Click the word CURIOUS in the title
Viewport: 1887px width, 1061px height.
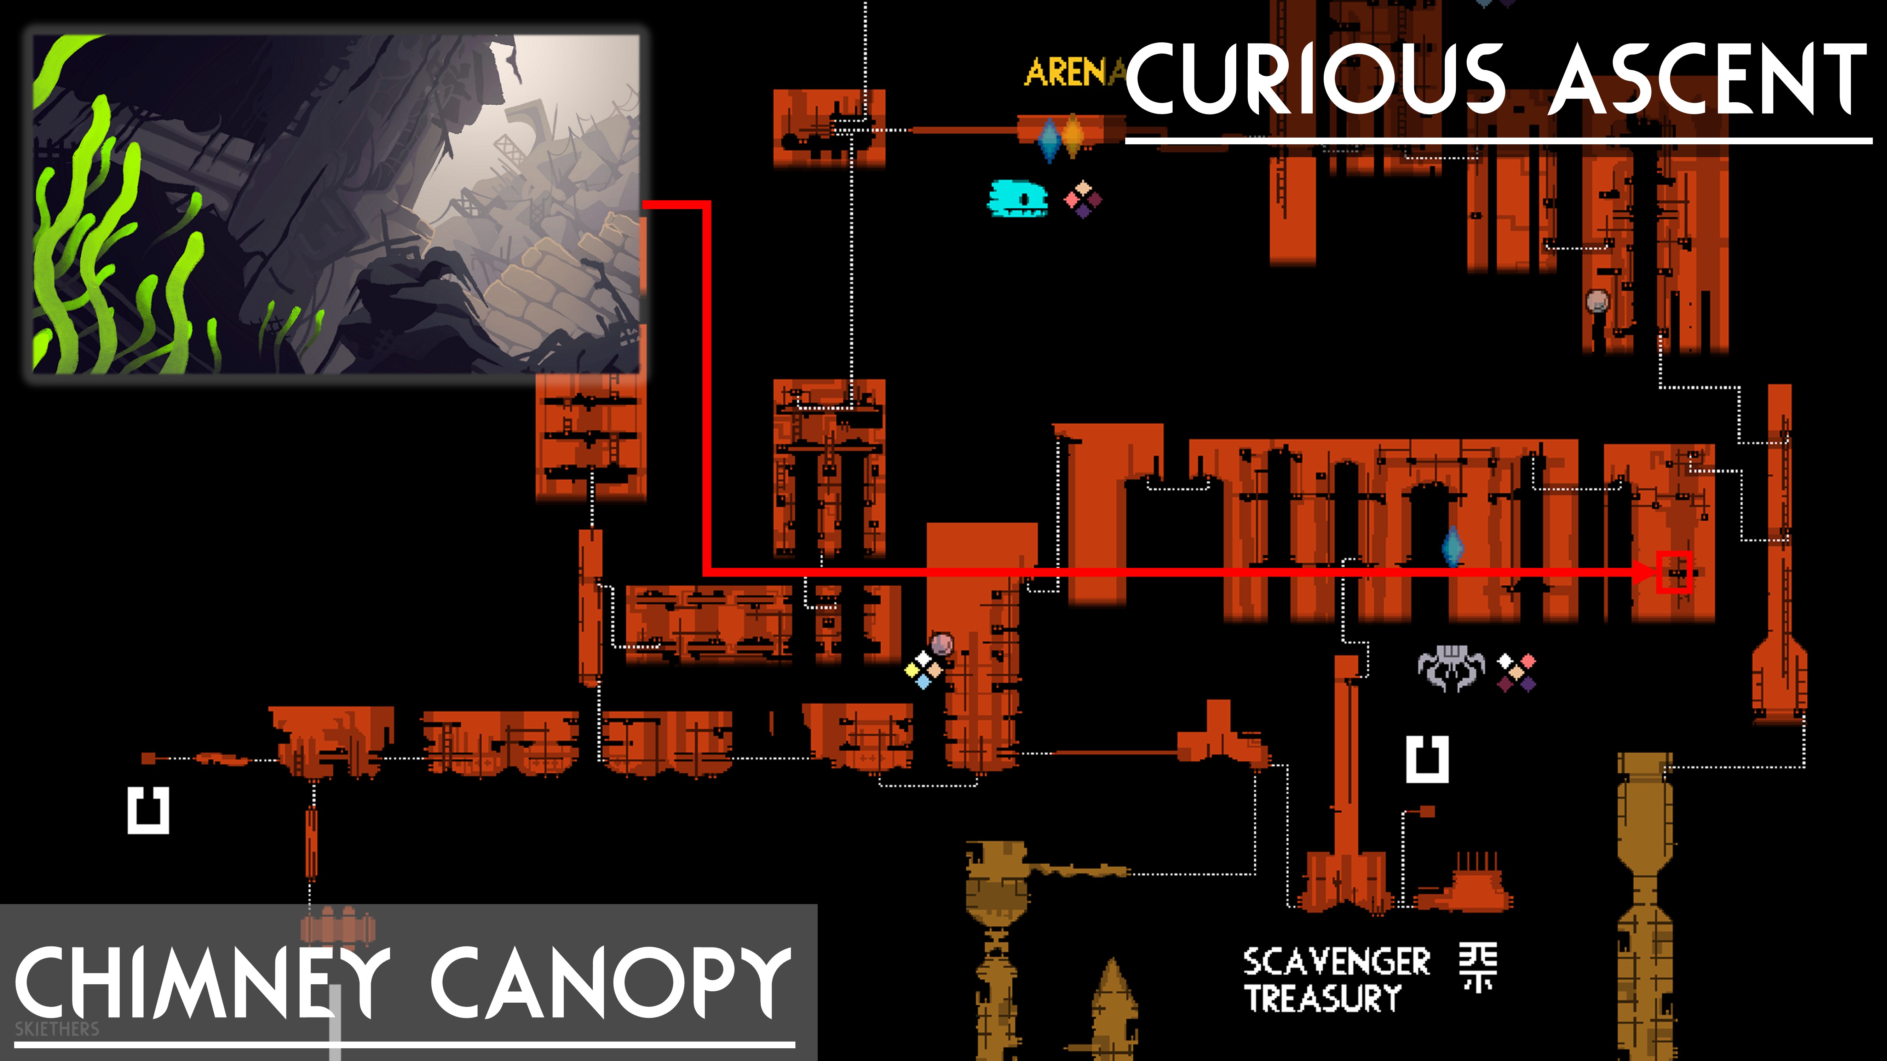pyautogui.click(x=1315, y=79)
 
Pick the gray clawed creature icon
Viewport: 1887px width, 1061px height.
pyautogui.click(x=1450, y=668)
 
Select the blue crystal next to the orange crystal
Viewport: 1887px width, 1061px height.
pyautogui.click(x=1049, y=139)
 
